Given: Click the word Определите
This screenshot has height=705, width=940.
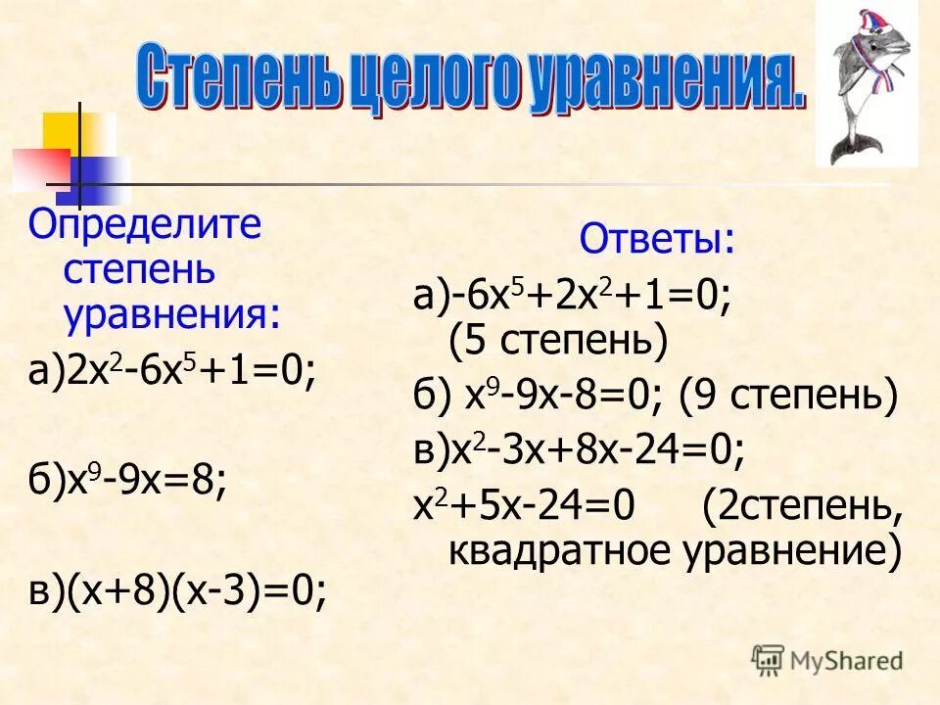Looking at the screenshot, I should click(145, 227).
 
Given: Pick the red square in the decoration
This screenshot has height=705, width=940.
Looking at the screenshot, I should click(39, 169).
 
